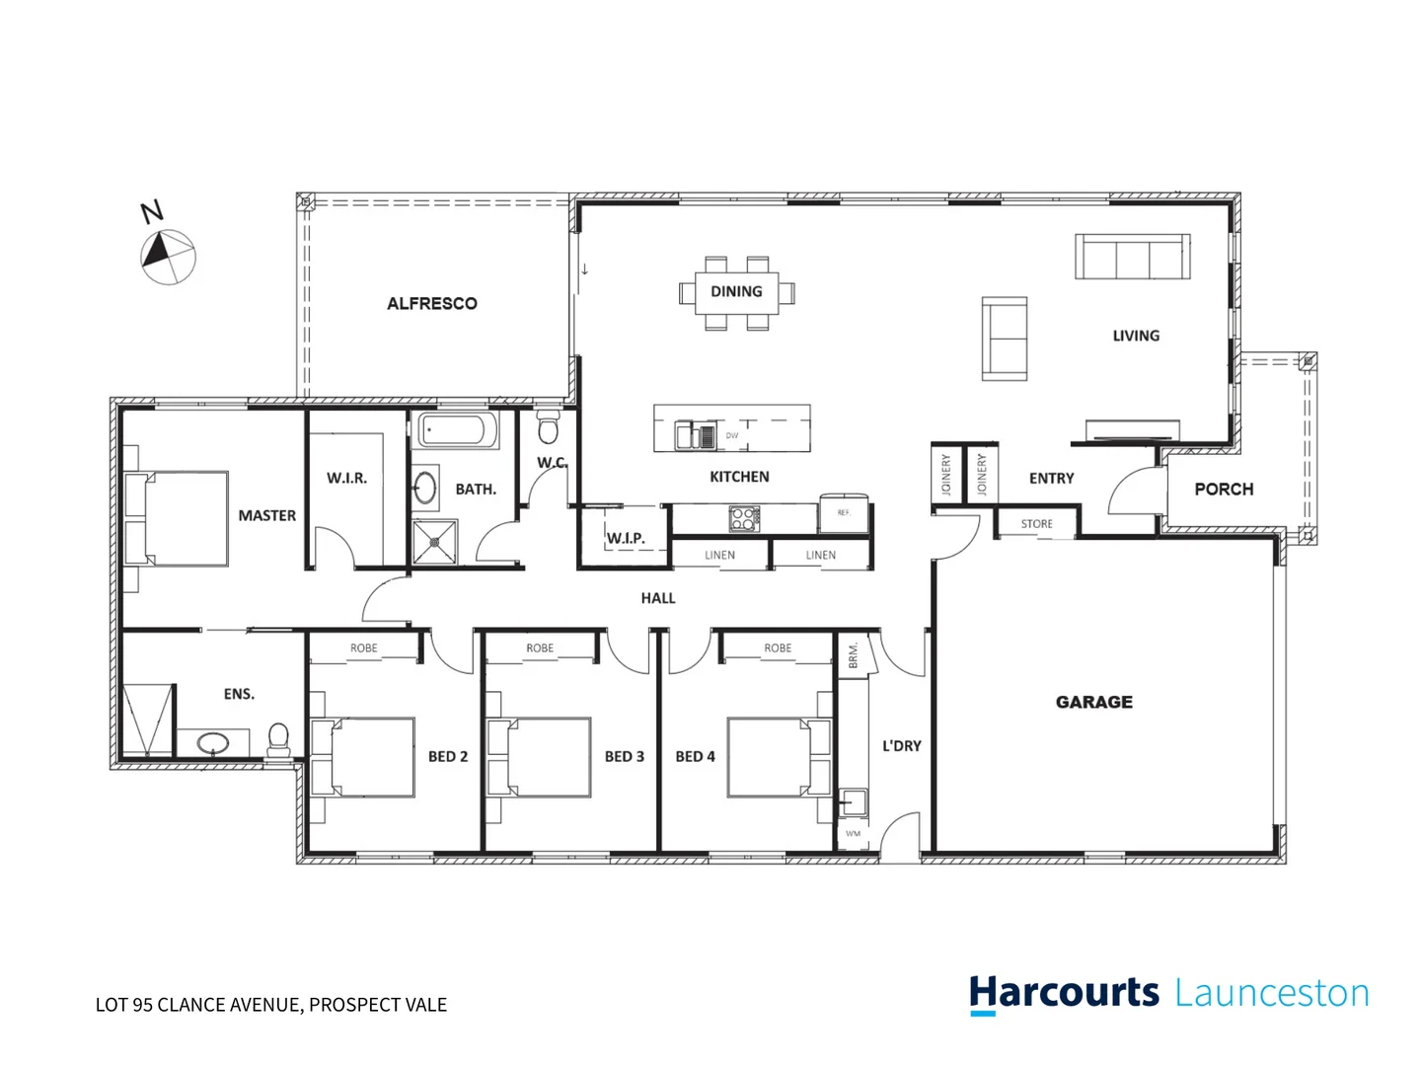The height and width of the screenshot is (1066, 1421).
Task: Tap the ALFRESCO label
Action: pyautogui.click(x=431, y=304)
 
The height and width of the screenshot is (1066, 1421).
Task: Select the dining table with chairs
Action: pyautogui.click(x=736, y=292)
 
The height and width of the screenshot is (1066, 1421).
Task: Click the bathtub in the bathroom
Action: pyautogui.click(x=458, y=431)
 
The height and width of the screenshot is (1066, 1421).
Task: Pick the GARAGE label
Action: pyautogui.click(x=1093, y=702)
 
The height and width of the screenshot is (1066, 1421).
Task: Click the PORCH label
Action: pyautogui.click(x=1223, y=490)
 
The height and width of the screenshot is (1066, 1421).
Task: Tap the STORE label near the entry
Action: pyautogui.click(x=1036, y=524)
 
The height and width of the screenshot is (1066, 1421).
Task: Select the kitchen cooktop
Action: pyautogui.click(x=743, y=518)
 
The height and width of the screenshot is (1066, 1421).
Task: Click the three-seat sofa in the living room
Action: pyautogui.click(x=1132, y=257)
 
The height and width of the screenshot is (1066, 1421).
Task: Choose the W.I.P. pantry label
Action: pyautogui.click(x=626, y=538)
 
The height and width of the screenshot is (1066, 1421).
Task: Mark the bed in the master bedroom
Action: pyautogui.click(x=178, y=517)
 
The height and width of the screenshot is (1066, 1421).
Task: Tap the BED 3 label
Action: pyautogui.click(x=624, y=757)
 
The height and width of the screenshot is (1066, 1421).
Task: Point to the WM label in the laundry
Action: pyautogui.click(x=853, y=834)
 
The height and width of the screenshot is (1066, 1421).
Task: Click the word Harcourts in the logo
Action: pyautogui.click(x=1064, y=993)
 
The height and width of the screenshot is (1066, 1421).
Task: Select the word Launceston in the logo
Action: pyautogui.click(x=1272, y=993)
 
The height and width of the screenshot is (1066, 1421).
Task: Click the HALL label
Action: pyautogui.click(x=657, y=598)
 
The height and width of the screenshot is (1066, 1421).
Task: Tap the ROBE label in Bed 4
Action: pyautogui.click(x=777, y=648)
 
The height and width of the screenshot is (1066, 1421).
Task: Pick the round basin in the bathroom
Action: pyautogui.click(x=425, y=488)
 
